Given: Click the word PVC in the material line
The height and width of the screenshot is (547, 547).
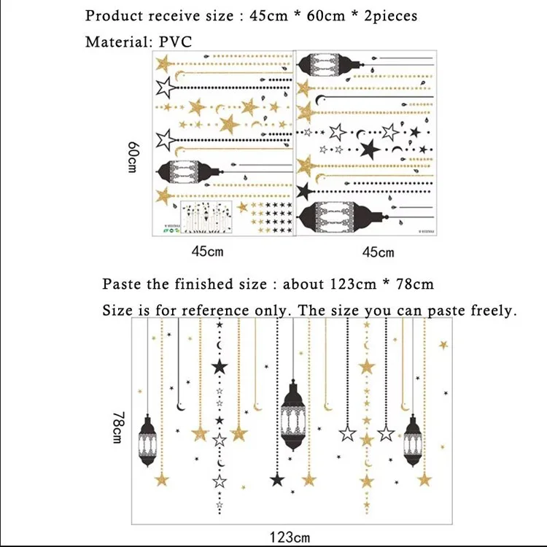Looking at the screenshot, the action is pos(176,42).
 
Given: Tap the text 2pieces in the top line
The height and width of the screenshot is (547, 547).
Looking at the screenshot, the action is pos(391,16).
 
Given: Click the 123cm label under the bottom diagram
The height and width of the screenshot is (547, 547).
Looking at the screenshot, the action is pos(290,538).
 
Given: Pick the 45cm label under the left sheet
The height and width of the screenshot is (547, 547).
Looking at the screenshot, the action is pos(207,251).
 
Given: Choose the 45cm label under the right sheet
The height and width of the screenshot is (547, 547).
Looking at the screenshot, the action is pos(378,252).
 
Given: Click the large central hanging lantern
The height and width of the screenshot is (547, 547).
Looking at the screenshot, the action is pos(293,415).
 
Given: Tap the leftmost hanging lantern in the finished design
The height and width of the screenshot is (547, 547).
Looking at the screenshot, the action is pos(147,441).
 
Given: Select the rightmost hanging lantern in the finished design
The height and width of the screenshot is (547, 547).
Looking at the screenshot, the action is pos(413,441).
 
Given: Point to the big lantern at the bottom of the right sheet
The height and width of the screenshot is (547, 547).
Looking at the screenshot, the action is pos(343,217).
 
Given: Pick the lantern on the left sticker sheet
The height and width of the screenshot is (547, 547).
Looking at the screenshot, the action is pos(190,171).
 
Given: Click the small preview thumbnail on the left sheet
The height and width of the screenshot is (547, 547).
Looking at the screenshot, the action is pos(206,217).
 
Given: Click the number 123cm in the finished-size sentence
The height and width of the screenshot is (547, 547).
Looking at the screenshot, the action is pos(353,284).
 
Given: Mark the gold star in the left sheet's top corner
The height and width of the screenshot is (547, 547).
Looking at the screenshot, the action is pos(163,64).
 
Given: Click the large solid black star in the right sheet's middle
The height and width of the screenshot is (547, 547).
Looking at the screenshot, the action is pos(370,149).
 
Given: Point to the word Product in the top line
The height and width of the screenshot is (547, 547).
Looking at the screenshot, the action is pos(114,16).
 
